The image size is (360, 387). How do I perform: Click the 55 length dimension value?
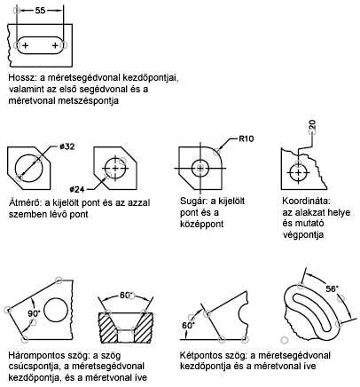(40, 11)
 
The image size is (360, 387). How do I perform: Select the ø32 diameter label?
(67, 146)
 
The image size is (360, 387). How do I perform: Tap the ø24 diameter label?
(77, 189)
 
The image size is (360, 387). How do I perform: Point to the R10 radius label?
(247, 138)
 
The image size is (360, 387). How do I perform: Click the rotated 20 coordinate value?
(313, 125)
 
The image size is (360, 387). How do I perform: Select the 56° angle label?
(333, 288)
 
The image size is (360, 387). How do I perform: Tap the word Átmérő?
(24, 203)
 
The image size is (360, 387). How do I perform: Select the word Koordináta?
(305, 201)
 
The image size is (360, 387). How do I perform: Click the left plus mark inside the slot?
(26, 45)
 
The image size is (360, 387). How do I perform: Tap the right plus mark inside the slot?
(55, 45)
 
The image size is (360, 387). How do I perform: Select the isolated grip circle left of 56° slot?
(285, 340)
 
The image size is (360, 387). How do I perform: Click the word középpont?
(202, 224)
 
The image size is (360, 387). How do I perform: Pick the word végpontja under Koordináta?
(303, 235)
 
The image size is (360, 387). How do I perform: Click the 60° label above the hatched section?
(126, 296)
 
